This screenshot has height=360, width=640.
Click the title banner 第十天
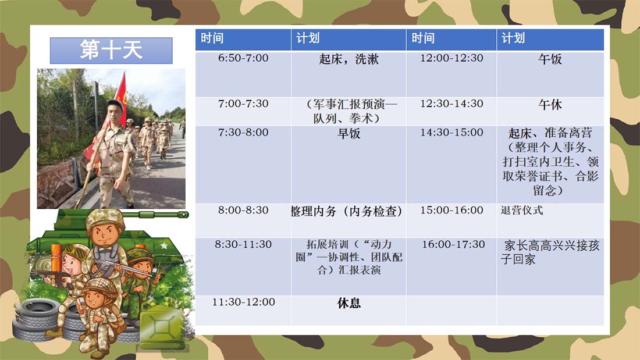point(111,51)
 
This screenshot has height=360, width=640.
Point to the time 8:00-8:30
point(243,210)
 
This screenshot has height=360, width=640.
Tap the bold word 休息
point(349,303)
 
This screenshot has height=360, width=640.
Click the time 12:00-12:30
point(451,58)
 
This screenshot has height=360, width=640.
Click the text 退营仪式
point(522,210)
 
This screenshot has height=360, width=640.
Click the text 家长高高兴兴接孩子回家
point(550,252)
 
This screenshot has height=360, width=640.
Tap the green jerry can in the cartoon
point(162,328)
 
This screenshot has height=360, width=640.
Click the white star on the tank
point(164,245)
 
